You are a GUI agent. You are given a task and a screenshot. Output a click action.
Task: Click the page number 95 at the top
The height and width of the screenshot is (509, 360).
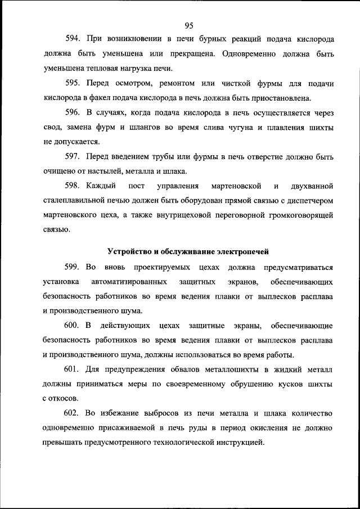pyautogui.click(x=188, y=25)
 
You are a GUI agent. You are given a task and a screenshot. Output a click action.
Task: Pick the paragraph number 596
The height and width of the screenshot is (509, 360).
pyautogui.click(x=74, y=112)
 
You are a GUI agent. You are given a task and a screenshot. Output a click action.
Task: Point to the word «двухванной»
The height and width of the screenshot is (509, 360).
pyautogui.click(x=309, y=186)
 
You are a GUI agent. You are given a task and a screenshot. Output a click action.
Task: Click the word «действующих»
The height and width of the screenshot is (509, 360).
pyautogui.click(x=124, y=326)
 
